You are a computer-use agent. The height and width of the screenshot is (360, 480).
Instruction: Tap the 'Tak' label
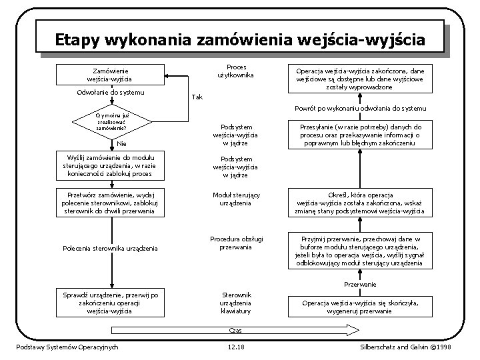[x=197, y=97]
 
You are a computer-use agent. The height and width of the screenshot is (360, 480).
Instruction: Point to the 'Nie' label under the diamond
[x=121, y=143]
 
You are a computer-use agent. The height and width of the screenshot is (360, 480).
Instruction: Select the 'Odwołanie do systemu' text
[x=111, y=91]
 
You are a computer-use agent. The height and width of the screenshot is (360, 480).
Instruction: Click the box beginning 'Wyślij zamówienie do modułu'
[x=111, y=165]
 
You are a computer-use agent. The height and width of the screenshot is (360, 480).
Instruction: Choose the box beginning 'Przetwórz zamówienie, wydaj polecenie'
[x=111, y=203]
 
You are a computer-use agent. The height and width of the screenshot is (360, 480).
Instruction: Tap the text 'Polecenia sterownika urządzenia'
[x=111, y=249]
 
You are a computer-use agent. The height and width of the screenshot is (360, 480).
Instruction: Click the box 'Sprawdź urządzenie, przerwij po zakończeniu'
[x=111, y=301]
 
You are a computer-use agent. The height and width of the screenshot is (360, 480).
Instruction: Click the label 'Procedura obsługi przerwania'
[x=237, y=243]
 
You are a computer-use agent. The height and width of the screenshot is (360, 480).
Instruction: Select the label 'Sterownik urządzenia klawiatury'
[x=236, y=302]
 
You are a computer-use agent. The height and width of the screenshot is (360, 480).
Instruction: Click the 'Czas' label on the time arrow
[x=235, y=331]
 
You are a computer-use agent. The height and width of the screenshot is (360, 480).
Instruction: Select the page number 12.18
[x=236, y=347]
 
